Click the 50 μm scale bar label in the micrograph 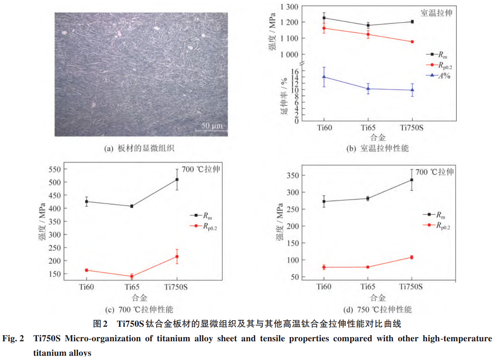click(x=212, y=125)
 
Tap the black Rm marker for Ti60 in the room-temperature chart click(x=324, y=18)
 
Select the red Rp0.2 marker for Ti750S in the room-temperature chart click(x=412, y=42)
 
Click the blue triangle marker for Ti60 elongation click(x=324, y=77)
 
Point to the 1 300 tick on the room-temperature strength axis click(x=289, y=6)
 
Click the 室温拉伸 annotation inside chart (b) click(x=436, y=13)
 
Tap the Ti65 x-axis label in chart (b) click(x=368, y=128)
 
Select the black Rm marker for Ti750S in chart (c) click(x=177, y=180)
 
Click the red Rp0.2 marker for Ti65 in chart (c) click(x=132, y=276)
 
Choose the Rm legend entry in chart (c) click(x=201, y=216)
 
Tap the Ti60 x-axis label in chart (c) click(x=86, y=287)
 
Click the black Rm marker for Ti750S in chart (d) click(x=412, y=180)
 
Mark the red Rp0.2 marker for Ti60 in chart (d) click(x=324, y=267)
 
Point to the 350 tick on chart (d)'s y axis click(x=293, y=175)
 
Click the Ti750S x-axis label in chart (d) click(x=411, y=287)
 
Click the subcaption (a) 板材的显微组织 click(x=139, y=148)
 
